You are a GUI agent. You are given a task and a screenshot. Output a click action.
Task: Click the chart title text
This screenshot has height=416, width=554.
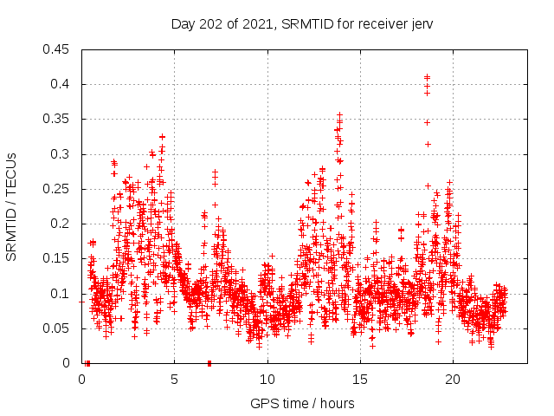click(x=302, y=23)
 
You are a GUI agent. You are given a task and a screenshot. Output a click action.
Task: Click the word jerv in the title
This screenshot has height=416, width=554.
click(x=421, y=23)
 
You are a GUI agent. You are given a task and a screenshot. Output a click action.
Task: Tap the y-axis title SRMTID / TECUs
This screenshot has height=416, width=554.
click(x=12, y=205)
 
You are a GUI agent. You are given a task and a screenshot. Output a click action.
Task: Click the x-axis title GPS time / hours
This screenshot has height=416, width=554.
click(x=302, y=403)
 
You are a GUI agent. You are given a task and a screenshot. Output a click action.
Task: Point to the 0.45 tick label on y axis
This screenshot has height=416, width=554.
click(x=58, y=49)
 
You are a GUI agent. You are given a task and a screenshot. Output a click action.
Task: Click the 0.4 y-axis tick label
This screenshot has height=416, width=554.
click(x=61, y=84)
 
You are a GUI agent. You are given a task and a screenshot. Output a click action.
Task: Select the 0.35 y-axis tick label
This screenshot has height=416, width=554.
click(x=58, y=119)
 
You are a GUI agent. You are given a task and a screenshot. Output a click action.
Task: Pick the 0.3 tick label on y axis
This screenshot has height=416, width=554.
click(x=61, y=154)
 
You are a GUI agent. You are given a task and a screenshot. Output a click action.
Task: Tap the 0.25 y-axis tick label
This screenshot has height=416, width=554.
click(x=58, y=189)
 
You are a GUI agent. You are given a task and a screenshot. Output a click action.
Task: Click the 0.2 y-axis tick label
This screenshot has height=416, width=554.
click(x=61, y=224)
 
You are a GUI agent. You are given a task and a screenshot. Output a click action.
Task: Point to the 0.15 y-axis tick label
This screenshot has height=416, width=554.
click(x=58, y=258)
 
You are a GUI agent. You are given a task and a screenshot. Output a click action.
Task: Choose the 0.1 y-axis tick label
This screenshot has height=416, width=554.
click(x=61, y=294)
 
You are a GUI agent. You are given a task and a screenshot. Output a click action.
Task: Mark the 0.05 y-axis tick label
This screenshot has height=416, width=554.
click(x=58, y=328)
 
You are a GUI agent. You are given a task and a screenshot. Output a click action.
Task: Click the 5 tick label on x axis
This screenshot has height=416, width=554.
click(x=174, y=379)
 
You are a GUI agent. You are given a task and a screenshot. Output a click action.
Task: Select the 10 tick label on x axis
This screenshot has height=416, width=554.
click(x=267, y=379)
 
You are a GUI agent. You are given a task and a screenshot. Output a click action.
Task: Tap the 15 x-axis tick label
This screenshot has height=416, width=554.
click(x=360, y=379)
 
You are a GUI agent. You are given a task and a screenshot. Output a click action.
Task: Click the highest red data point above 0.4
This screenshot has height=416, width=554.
click(x=427, y=77)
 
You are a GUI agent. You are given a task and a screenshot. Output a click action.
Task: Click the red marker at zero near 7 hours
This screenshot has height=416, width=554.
click(x=209, y=362)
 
